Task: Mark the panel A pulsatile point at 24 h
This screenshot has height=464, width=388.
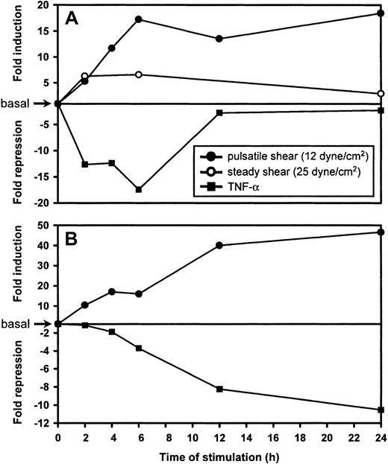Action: click(381, 13)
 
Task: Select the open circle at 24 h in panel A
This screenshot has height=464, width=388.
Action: click(381, 94)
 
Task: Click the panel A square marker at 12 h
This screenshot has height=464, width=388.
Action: click(219, 112)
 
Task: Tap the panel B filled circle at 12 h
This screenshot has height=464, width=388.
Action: click(219, 245)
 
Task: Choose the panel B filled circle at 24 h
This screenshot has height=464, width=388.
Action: click(381, 232)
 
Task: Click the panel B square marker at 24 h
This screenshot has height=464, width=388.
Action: click(381, 410)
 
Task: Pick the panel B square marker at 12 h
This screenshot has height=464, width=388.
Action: click(219, 389)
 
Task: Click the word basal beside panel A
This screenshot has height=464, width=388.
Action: click(14, 104)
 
